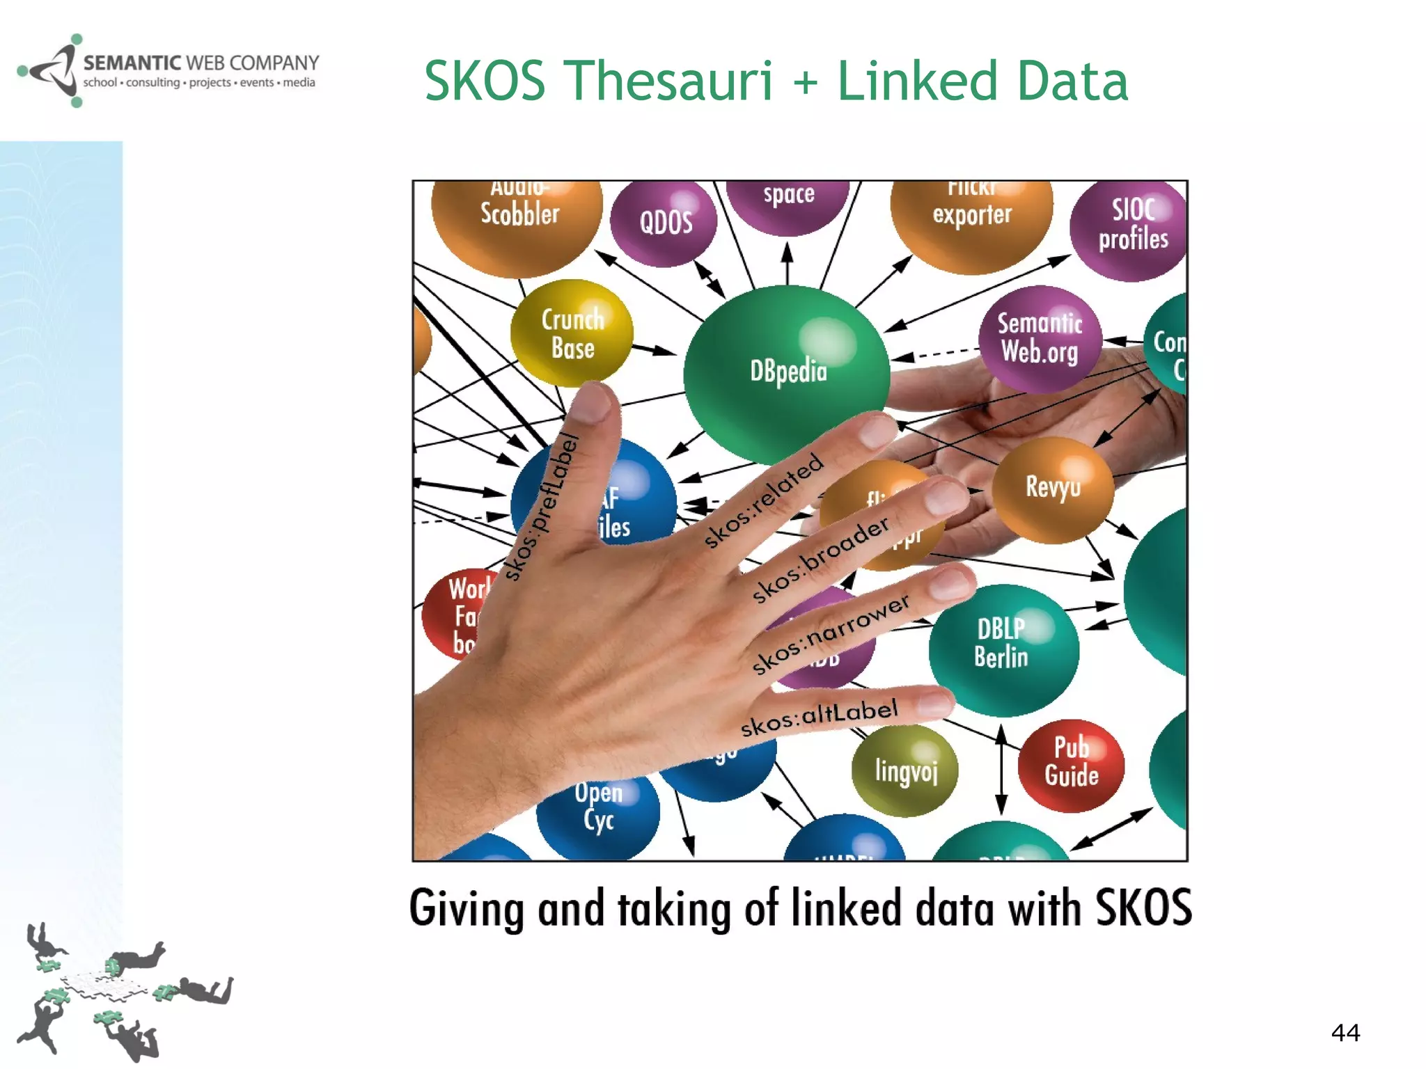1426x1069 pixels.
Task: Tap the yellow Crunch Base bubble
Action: [x=572, y=333]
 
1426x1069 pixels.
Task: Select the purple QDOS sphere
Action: [x=664, y=223]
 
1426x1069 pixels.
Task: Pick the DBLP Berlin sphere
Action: [x=1003, y=647]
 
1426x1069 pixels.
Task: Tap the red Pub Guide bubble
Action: [x=1071, y=764]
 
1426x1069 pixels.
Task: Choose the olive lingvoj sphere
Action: [x=905, y=770]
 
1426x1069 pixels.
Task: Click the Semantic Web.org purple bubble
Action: [x=1040, y=338]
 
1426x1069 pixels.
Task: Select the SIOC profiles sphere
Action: [x=1132, y=226]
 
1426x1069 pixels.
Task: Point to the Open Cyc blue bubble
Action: [x=599, y=814]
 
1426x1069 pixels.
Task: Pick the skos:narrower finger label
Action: [x=830, y=633]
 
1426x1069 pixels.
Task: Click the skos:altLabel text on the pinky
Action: [x=819, y=717]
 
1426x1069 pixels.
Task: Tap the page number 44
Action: [x=1345, y=1032]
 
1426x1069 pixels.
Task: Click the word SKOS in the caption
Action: [x=1143, y=908]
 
